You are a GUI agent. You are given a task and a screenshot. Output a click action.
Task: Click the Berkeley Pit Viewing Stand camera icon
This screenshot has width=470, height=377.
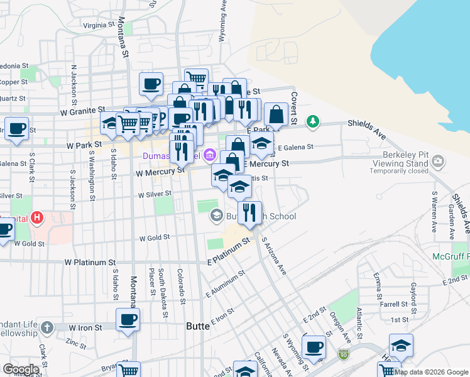coord(439,162)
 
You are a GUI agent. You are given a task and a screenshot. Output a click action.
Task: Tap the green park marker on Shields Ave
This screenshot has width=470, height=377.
coord(312,121)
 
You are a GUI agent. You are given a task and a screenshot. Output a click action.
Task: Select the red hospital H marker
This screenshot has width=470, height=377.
coord(38,219)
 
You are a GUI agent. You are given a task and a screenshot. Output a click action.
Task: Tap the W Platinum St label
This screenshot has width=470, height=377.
coord(90,261)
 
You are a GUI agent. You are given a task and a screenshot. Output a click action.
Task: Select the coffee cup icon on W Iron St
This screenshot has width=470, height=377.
coord(128,319)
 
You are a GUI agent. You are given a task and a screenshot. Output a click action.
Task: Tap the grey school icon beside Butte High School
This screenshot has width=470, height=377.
coord(217,216)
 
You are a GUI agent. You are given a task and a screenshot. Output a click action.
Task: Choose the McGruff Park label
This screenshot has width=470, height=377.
coord(451,256)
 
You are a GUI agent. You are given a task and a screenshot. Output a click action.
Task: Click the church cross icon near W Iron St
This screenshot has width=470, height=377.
coord(46,327)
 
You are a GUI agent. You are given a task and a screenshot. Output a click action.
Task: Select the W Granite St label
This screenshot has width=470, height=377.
coord(81,112)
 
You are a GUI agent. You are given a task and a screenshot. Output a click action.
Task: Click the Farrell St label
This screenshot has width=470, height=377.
coord(394,304)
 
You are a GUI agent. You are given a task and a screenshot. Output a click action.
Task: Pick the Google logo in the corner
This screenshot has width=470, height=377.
coord(20,369)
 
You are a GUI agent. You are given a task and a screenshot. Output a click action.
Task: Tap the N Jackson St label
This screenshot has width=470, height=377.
coord(74,81)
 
